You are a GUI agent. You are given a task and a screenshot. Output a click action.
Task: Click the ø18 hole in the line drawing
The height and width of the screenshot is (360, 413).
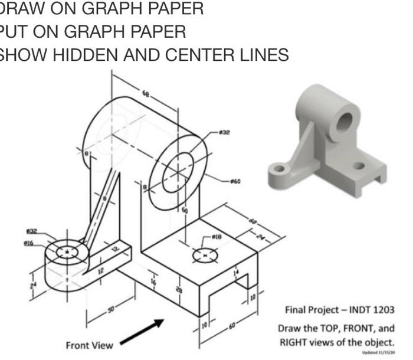tap(205, 256)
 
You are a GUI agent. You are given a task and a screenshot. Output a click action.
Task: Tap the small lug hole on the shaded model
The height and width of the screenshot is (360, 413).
tap(280, 170)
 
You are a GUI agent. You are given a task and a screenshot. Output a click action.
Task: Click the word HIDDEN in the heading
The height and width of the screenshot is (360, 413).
tap(103, 55)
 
